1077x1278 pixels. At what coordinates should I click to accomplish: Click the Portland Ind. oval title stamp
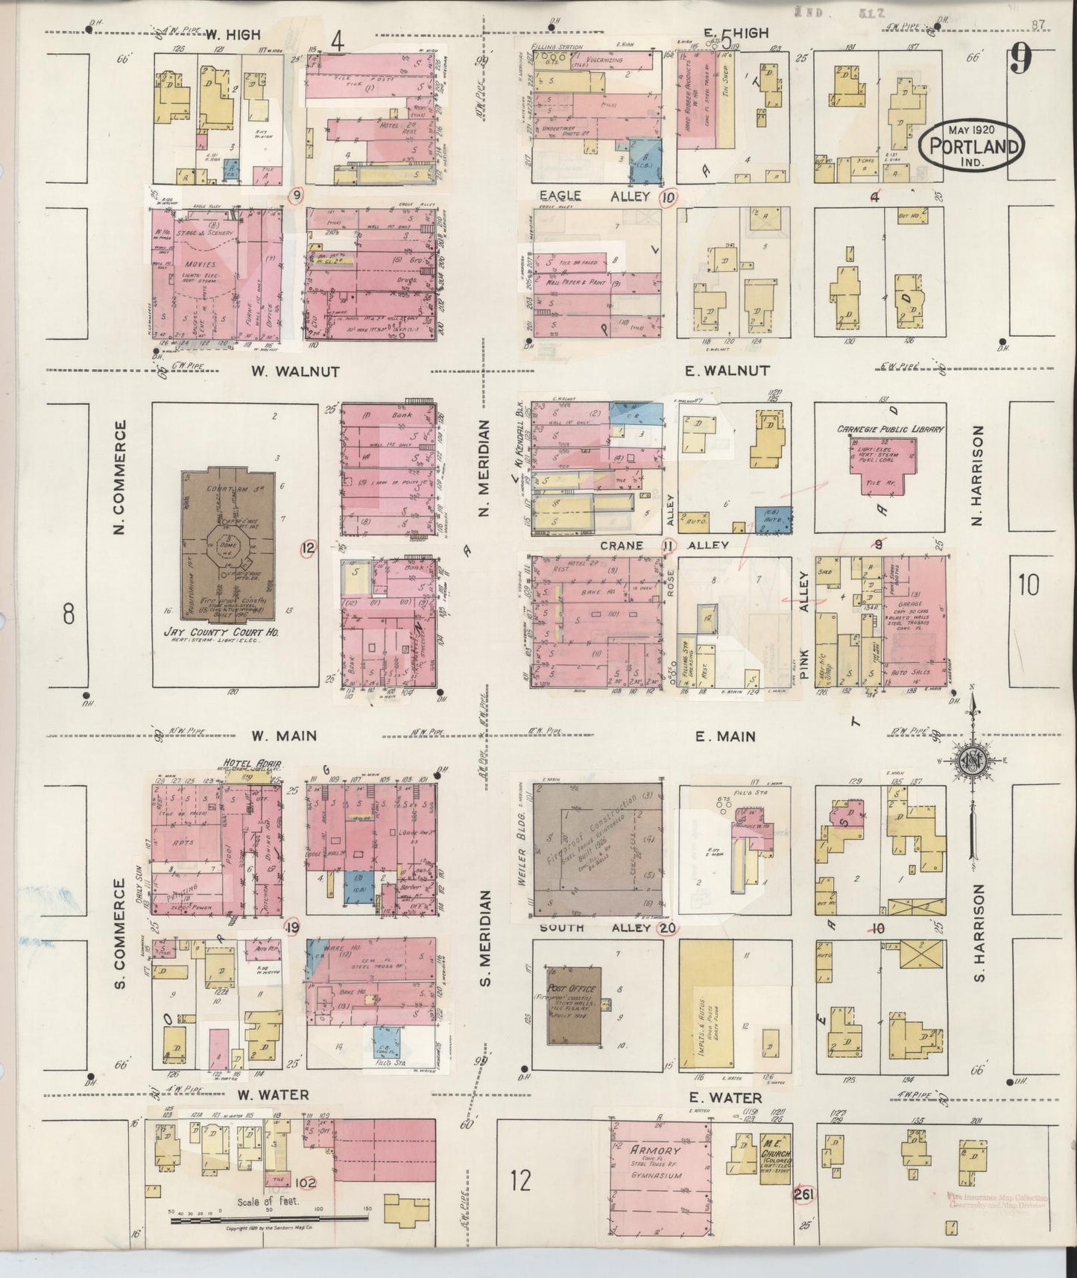[971, 145]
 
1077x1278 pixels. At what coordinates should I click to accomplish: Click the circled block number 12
[308, 550]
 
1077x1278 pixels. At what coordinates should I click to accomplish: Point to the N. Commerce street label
[119, 477]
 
